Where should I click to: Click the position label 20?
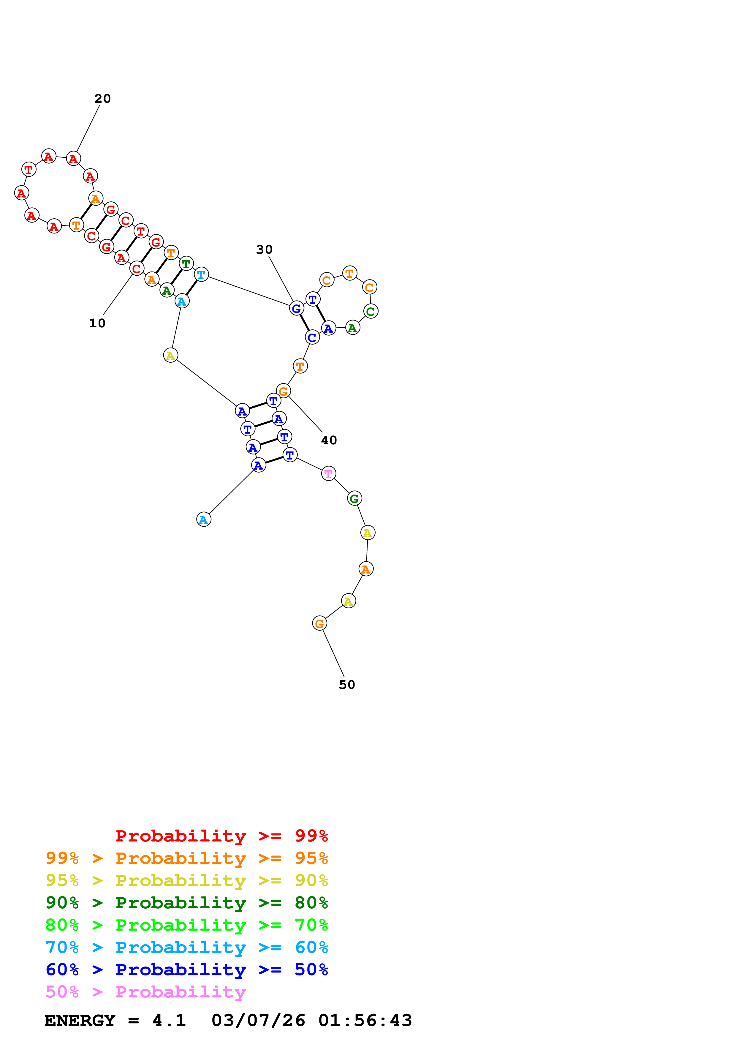coord(102,99)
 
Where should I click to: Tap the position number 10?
coord(97,323)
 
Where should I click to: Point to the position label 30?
coord(264,250)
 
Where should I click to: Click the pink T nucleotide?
coord(328,474)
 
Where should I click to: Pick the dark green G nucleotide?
coord(354,499)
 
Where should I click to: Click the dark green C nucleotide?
coord(371,311)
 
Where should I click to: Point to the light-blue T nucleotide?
coord(201,274)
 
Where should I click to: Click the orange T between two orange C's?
coord(349,273)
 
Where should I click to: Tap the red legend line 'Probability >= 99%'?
coord(221,836)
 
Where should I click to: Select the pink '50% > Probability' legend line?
coord(145,992)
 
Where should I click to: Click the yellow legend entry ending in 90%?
coord(186,880)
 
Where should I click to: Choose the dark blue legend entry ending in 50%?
coord(186,970)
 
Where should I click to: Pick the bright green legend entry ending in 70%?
coord(186,925)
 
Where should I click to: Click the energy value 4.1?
coord(169,1021)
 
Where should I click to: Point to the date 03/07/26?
coord(258,1021)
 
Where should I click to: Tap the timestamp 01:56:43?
coord(365,1021)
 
